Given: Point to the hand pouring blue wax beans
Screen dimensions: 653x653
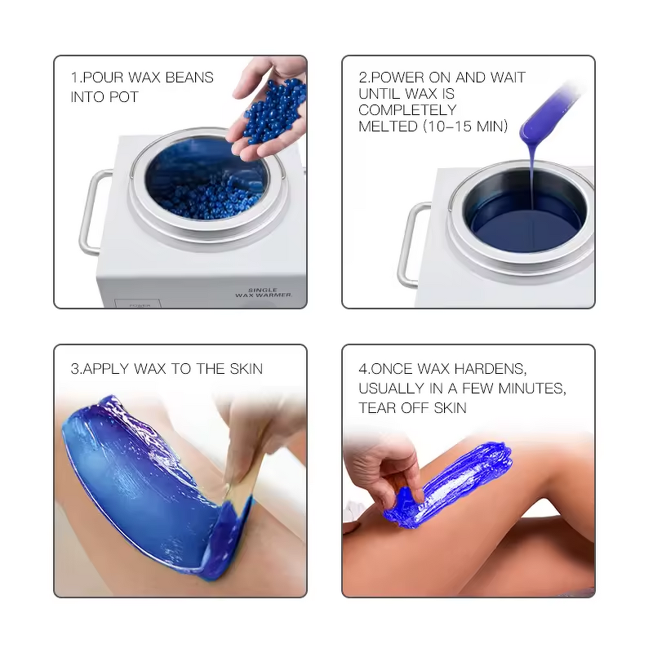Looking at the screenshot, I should click(x=273, y=114).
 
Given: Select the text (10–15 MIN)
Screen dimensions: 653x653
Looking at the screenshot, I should click(x=464, y=127).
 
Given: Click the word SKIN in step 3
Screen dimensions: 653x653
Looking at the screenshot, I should click(x=245, y=369).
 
